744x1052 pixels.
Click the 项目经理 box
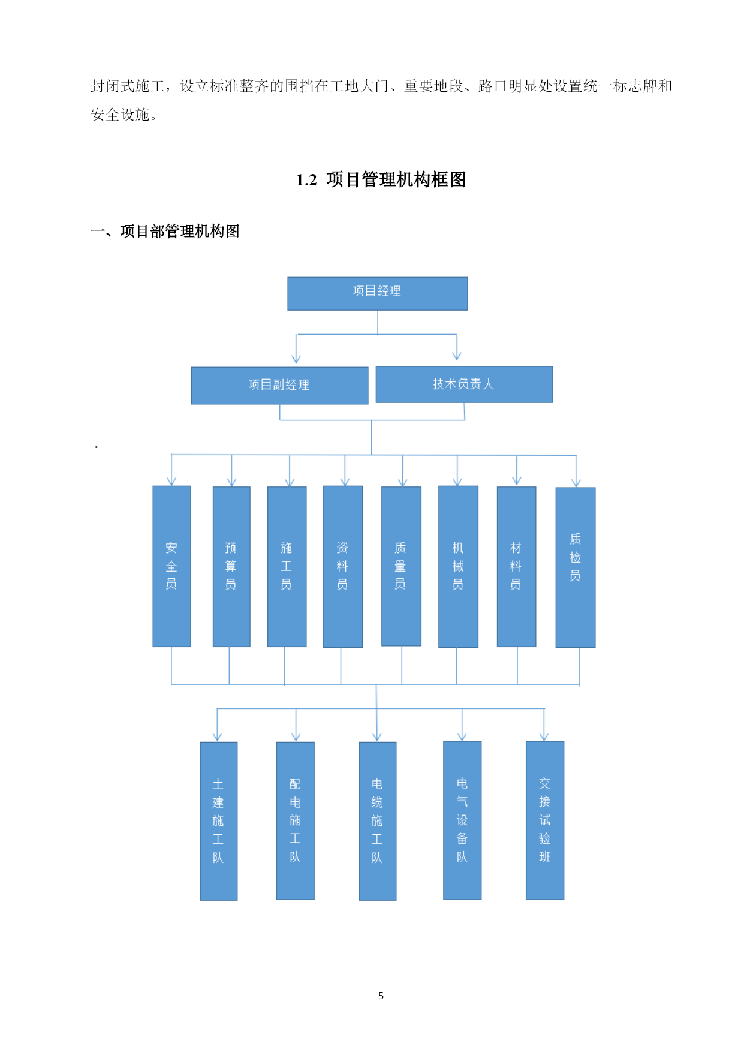coord(378,293)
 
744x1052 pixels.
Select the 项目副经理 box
coord(279,386)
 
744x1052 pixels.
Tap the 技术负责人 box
coord(464,384)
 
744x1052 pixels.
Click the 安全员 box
coord(171,566)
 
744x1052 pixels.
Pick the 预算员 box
coord(231,567)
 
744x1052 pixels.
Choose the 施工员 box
coord(287,567)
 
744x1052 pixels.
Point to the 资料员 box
coord(342,567)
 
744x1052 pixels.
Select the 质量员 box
coord(401,566)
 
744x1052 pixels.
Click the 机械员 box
coord(458,567)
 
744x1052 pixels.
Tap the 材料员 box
coord(516,567)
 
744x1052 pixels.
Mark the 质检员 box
coord(576,567)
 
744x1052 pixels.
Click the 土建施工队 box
coord(218,821)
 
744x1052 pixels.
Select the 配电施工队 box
coord(295,820)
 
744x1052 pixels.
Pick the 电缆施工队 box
coord(377,821)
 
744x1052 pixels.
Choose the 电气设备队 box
coord(462,820)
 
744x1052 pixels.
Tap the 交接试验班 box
coord(545,820)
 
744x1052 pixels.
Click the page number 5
coord(381,996)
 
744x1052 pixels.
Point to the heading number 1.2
coord(306,180)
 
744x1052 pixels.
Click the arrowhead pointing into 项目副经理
coord(296,359)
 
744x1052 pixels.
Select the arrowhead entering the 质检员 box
coord(576,482)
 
